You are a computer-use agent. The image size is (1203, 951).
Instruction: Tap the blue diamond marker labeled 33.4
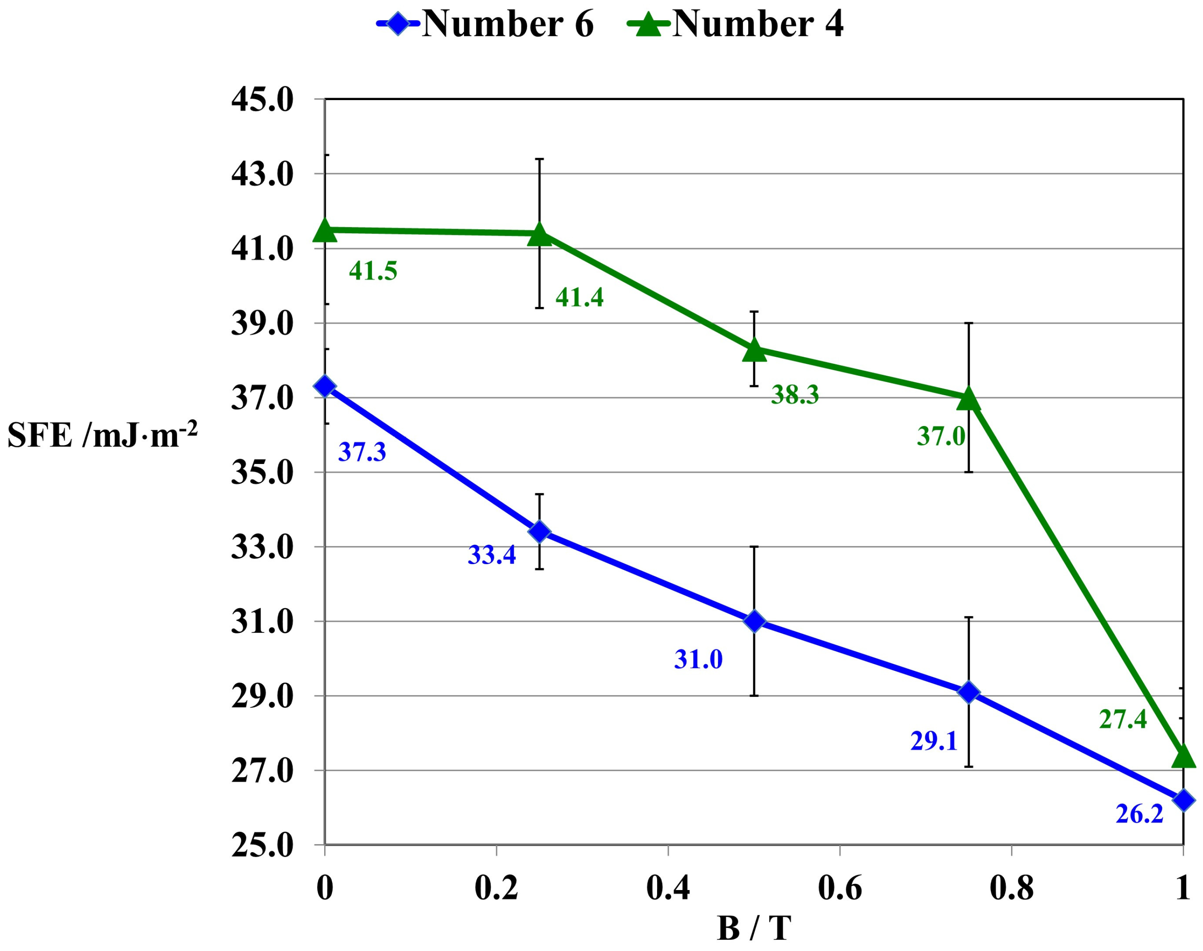pos(539,531)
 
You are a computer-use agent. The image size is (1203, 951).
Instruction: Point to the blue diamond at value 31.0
pos(754,621)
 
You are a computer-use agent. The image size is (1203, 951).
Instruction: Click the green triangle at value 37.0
pos(969,399)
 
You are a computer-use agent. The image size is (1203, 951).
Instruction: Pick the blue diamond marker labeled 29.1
pos(969,692)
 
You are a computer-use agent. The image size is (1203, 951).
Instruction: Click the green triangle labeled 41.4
pos(539,234)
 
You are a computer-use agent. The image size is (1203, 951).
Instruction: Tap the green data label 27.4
pos(1122,719)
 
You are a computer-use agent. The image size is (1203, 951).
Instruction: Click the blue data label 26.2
pos(1139,814)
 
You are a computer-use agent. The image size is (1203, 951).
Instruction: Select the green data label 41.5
pos(372,271)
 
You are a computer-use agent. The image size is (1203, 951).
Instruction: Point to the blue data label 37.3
pos(362,452)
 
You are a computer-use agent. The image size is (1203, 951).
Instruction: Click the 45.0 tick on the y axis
pos(262,100)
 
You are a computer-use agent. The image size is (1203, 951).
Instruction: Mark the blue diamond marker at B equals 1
pos(1183,801)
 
